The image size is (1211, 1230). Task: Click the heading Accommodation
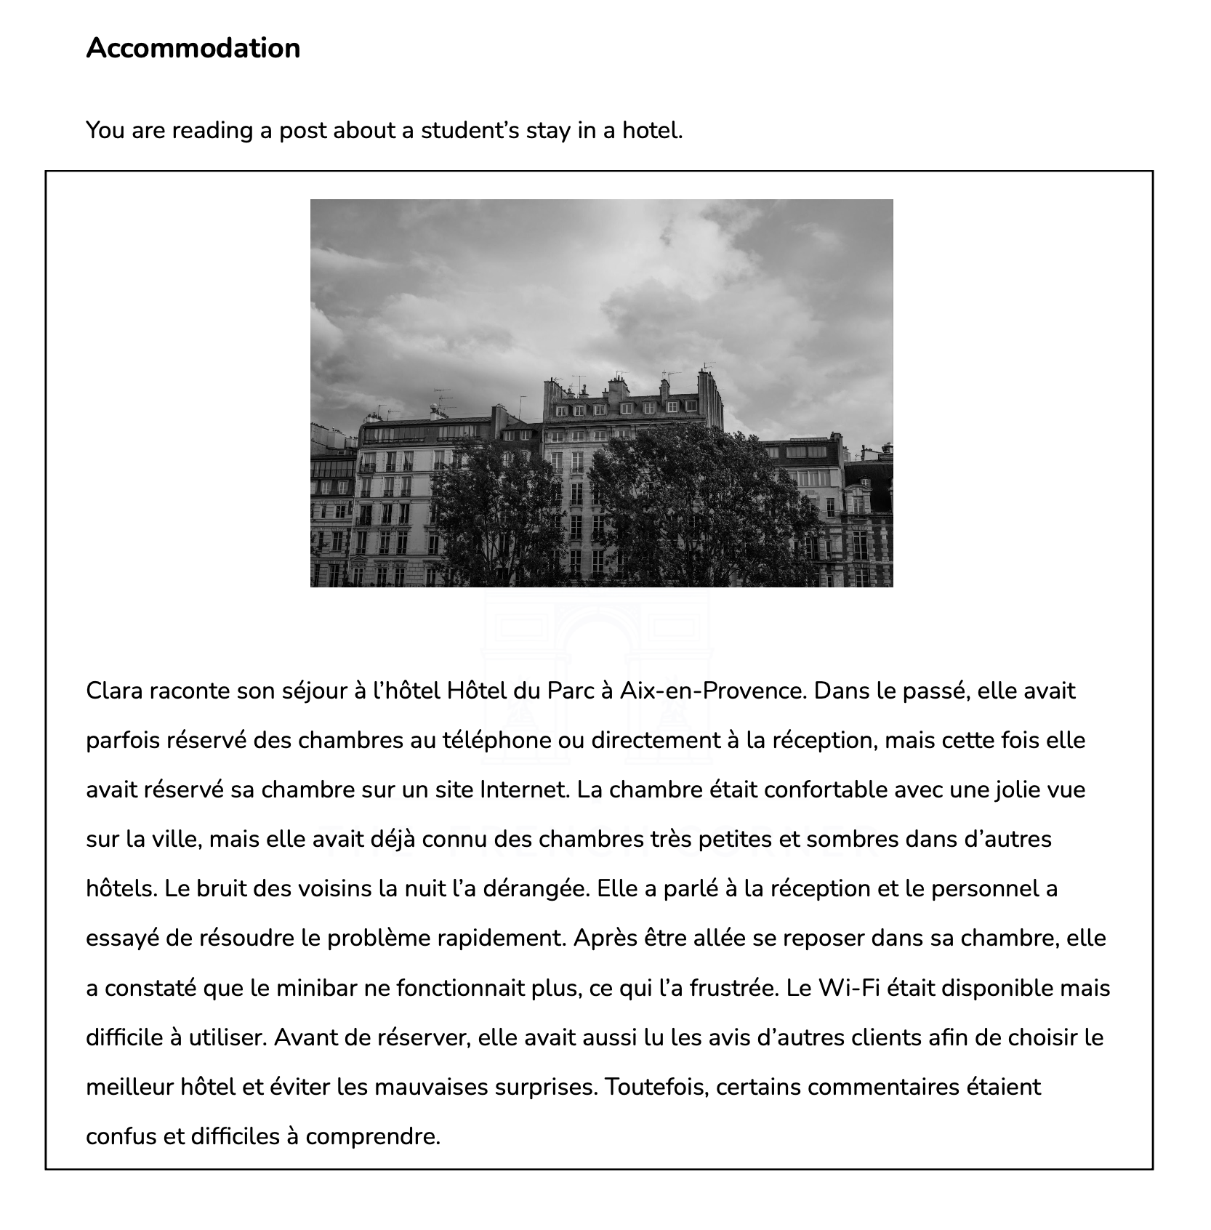(193, 48)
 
